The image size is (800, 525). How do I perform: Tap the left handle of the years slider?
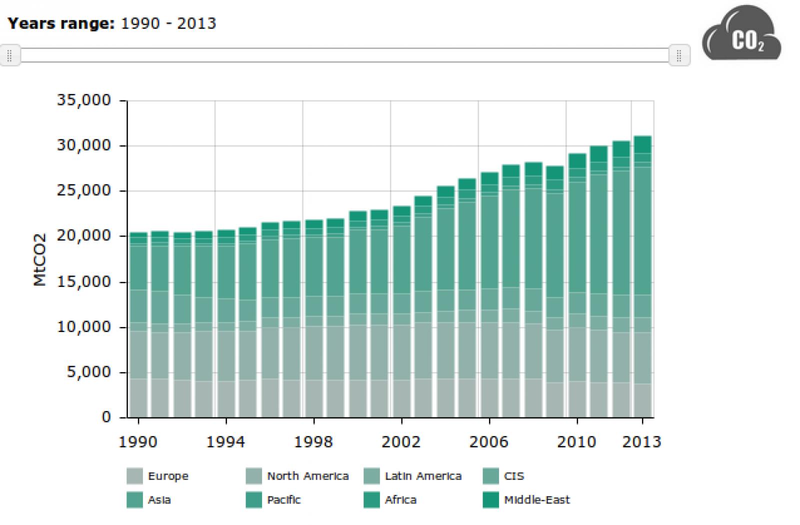[10, 55]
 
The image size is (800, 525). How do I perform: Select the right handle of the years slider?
[679, 55]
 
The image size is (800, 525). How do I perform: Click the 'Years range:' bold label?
[61, 23]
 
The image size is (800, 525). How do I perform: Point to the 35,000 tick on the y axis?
[84, 100]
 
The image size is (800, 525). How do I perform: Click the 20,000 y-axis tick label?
[84, 235]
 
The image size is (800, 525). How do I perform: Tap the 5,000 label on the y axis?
[89, 372]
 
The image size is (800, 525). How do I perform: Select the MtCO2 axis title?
[40, 259]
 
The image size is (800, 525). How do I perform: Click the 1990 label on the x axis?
[137, 442]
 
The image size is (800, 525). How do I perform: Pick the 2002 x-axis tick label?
[401, 442]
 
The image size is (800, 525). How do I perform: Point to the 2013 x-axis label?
[641, 442]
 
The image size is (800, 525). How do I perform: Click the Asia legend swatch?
[134, 500]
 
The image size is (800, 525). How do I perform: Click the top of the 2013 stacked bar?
[642, 136]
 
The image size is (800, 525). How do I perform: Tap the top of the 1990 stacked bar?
[138, 233]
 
